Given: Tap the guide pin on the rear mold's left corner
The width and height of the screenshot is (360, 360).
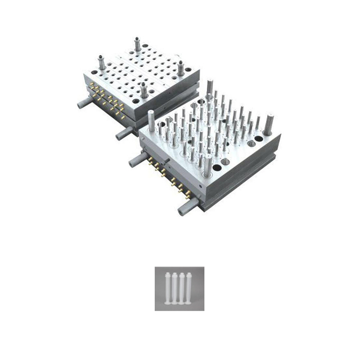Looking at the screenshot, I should (x=102, y=62).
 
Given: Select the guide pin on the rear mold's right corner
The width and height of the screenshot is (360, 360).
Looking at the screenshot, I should (x=181, y=68).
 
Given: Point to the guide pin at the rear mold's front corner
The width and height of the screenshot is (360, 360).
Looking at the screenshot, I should (x=144, y=90).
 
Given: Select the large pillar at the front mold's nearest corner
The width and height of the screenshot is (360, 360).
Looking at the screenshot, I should (x=208, y=165).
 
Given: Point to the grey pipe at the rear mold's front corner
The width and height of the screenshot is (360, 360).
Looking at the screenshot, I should (x=124, y=133).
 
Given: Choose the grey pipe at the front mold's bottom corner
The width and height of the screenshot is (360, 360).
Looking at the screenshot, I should (x=186, y=209).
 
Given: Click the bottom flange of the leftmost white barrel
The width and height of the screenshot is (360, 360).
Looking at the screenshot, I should (x=167, y=303).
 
